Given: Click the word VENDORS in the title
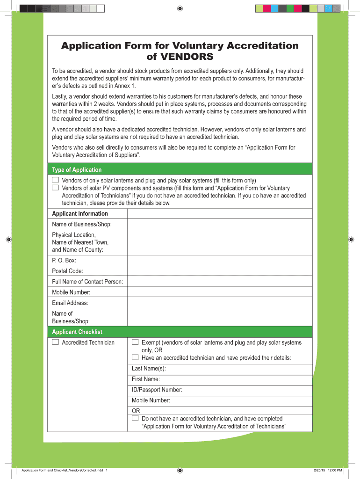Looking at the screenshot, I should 180,57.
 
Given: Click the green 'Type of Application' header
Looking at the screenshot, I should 77,170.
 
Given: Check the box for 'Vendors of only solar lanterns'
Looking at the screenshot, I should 56,180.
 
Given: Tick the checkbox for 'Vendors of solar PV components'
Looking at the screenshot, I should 56,188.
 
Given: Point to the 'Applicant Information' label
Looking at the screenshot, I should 80,214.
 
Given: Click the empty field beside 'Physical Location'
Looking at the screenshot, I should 219,242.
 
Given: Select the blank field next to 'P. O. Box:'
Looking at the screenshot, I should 219,261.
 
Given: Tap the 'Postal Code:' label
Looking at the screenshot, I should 68,271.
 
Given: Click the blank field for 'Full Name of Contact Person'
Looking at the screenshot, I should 219,282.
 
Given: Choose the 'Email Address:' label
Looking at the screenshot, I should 70,303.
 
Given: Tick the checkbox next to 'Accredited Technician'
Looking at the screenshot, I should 56,342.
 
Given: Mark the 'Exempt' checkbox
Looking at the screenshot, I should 135,342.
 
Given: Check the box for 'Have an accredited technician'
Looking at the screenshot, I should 135,357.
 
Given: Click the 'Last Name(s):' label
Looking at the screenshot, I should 149,369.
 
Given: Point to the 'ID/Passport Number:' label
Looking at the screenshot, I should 157,390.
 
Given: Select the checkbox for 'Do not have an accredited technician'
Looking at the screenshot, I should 135,418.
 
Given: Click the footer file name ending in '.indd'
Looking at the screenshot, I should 61,470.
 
